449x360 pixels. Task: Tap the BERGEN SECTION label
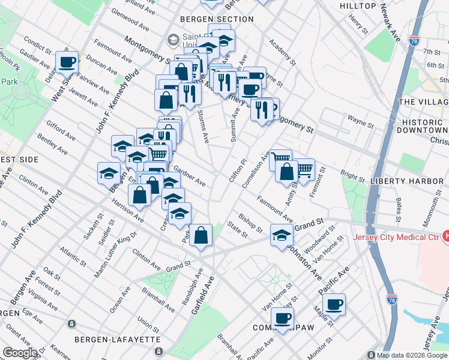[217, 19]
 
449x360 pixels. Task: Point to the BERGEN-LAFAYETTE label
[118, 340]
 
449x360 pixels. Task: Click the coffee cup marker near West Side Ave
[67, 61]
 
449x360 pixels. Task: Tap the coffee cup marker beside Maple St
[334, 304]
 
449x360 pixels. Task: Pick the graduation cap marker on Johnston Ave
[281, 235]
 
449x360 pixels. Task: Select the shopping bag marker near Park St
[202, 234]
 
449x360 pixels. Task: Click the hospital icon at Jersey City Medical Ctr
[445, 236]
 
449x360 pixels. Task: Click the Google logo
[19, 353]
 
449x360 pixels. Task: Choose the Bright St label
[352, 177]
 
